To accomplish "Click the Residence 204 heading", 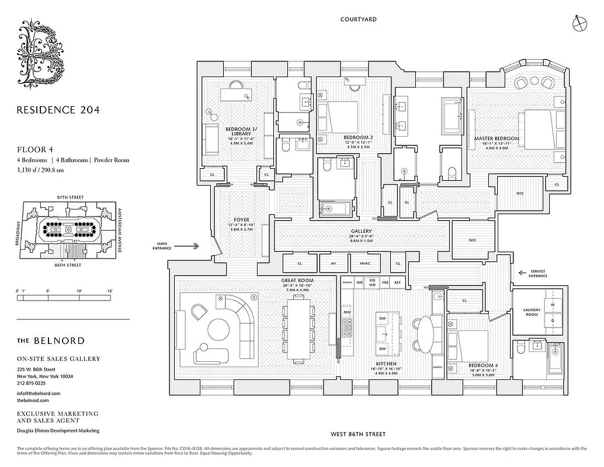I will point(58,109).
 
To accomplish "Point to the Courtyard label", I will point(358,19).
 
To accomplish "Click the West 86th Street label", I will point(358,434).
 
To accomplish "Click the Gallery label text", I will point(362,231).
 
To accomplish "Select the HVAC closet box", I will point(365,263).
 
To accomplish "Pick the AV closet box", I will point(334,263).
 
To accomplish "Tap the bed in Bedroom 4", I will point(471,345).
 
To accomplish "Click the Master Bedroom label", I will point(497,138).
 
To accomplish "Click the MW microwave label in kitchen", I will point(347,312).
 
